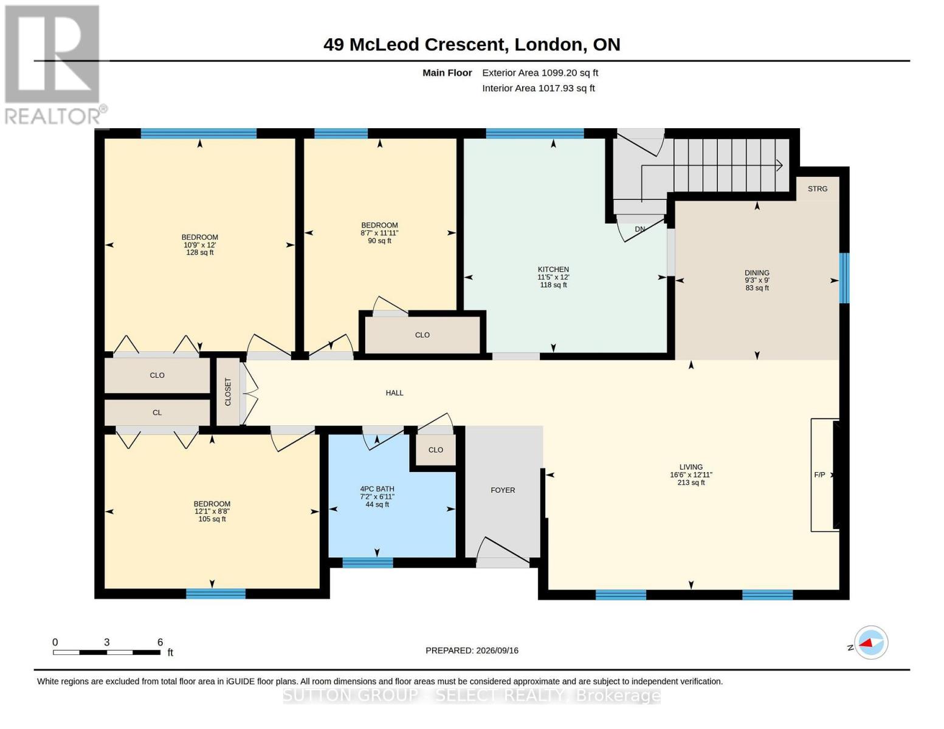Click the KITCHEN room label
553,269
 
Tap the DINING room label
757,273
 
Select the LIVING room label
691,467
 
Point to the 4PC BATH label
377,489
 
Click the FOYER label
503,490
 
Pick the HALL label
394,393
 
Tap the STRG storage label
817,189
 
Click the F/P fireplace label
819,475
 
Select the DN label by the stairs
640,229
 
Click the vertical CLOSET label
228,392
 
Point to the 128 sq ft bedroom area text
200,252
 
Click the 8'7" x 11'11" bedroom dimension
379,233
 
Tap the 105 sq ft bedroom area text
212,519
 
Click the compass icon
870,643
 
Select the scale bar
107,652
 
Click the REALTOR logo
55,65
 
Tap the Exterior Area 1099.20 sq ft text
540,73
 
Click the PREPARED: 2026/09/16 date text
472,651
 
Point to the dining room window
844,278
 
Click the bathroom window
368,563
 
